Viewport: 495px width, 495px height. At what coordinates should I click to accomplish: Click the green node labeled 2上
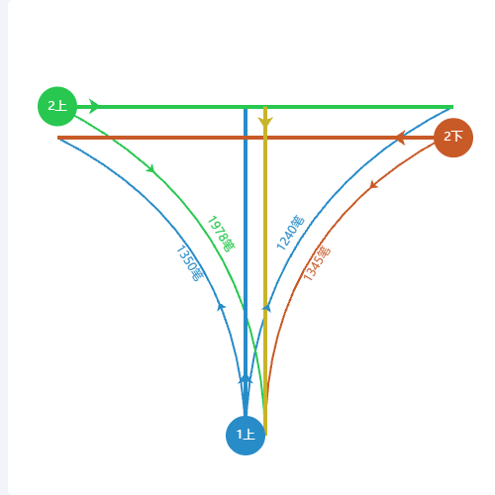coord(57,106)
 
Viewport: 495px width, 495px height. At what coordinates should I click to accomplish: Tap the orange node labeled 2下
coord(453,138)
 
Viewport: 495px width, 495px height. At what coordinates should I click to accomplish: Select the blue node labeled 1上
coord(246,436)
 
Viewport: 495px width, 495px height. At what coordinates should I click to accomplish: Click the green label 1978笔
coord(222,234)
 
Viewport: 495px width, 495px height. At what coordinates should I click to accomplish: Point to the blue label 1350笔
coord(191,263)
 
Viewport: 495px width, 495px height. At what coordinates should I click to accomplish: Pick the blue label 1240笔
coord(290,233)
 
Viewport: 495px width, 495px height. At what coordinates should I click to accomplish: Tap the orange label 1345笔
coord(317,263)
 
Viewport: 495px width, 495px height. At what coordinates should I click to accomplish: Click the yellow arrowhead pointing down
coord(265,121)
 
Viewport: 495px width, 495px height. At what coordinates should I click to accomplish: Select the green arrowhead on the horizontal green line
coord(94,106)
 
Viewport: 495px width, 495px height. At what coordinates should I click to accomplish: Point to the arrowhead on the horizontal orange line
coord(400,138)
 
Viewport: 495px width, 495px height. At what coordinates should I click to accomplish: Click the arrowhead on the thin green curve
coord(150,169)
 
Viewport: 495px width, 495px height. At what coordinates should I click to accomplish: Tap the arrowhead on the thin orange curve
coord(373,185)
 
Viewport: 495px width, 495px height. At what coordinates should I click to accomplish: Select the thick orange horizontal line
coord(246,138)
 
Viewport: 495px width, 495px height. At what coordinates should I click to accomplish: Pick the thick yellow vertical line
coord(265,270)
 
